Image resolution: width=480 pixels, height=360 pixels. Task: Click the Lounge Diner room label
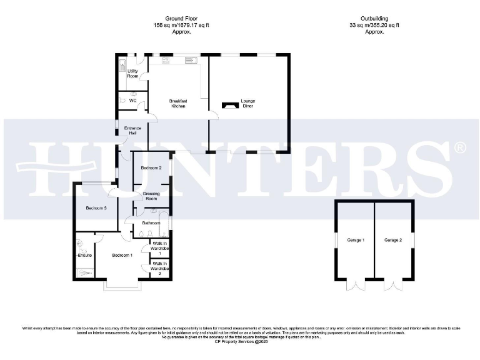pos(248,103)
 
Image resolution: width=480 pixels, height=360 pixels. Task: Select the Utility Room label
pos(132,74)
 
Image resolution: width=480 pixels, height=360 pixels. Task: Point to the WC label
pos(132,100)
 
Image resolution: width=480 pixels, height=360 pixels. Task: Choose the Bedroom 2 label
pos(151,168)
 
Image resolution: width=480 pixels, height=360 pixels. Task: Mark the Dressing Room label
pos(151,196)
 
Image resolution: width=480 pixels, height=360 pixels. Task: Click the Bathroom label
pos(151,222)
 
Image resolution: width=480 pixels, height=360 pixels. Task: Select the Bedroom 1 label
pos(122,255)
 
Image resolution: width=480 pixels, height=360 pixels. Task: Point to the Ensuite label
pos(85,255)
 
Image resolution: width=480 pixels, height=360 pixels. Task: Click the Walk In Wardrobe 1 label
pos(159,248)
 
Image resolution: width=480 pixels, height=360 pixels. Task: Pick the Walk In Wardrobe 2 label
pos(159,269)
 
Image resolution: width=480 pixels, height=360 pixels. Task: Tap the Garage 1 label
pos(355,240)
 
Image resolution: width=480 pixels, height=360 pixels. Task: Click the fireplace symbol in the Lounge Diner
pos(231,104)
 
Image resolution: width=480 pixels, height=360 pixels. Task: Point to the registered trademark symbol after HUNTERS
pos(459,148)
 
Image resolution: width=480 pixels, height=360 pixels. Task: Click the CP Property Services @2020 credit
pos(240,342)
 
